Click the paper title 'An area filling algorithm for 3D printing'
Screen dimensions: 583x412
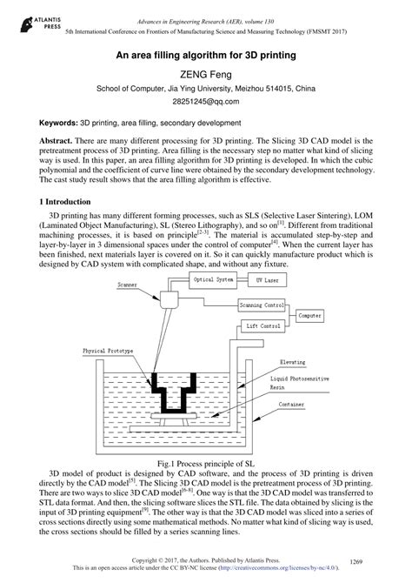pos(206,55)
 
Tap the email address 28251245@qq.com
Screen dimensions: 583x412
pos(206,102)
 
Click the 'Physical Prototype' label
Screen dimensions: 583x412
pos(112,351)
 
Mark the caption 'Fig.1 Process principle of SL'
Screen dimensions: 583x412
pos(206,464)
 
